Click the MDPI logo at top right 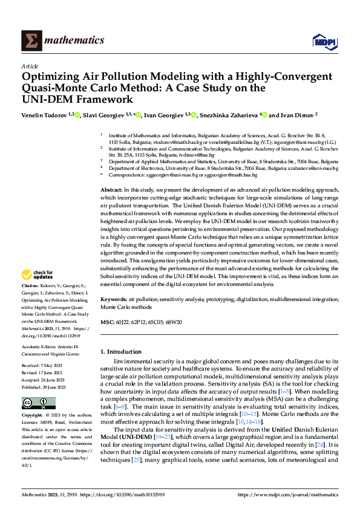click(322, 41)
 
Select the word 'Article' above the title click(30, 66)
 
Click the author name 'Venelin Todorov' click(45, 114)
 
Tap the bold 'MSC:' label click(107, 322)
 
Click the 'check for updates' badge click(38, 275)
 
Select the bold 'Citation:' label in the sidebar click(30, 285)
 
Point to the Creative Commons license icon click(38, 403)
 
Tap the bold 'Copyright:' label click(32, 416)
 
